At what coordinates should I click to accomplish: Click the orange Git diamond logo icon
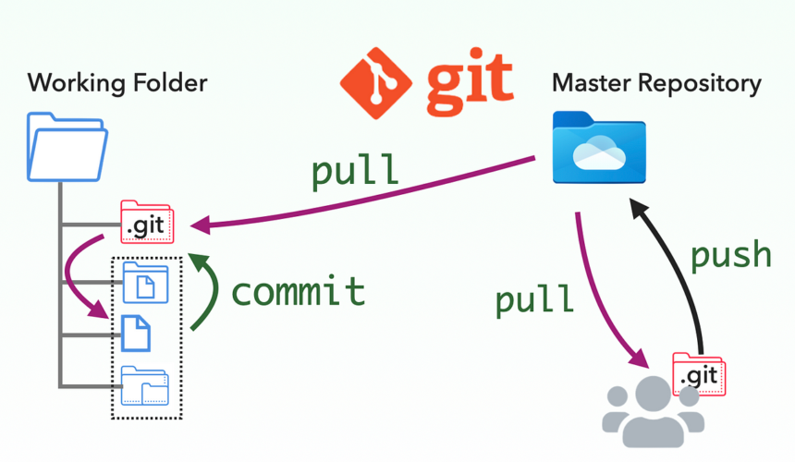tap(374, 81)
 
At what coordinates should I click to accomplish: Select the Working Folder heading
tap(117, 82)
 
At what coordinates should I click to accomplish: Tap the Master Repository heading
tap(656, 82)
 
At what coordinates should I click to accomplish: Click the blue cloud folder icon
tap(598, 147)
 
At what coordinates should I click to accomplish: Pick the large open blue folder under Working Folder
tap(67, 147)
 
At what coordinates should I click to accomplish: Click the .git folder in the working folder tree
tap(147, 222)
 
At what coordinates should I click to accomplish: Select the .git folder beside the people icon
tap(699, 373)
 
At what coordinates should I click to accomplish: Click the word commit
tap(298, 291)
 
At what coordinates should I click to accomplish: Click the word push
tap(731, 254)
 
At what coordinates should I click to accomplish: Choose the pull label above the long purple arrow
tap(356, 171)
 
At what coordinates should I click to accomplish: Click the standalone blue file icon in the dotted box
tap(136, 334)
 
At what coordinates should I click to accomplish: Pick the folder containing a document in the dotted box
tap(145, 284)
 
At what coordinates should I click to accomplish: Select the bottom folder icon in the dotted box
tap(145, 386)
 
